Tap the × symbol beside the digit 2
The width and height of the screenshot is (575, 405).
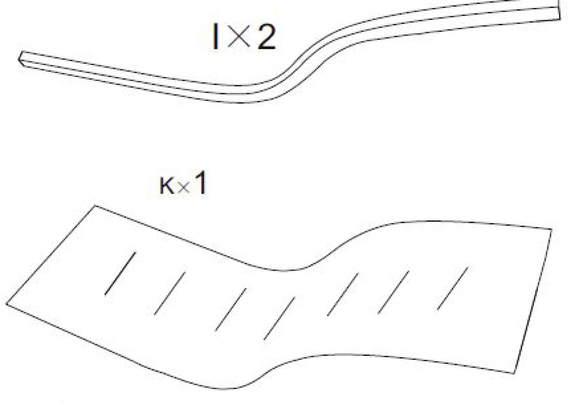coord(239,36)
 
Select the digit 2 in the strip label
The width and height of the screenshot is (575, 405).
coord(267,36)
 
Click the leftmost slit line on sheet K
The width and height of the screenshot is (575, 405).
coord(120,273)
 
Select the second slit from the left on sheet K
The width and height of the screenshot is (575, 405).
coord(170,293)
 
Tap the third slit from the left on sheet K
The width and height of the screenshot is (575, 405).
coord(231,310)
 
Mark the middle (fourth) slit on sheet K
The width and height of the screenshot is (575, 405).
coord(279,318)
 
